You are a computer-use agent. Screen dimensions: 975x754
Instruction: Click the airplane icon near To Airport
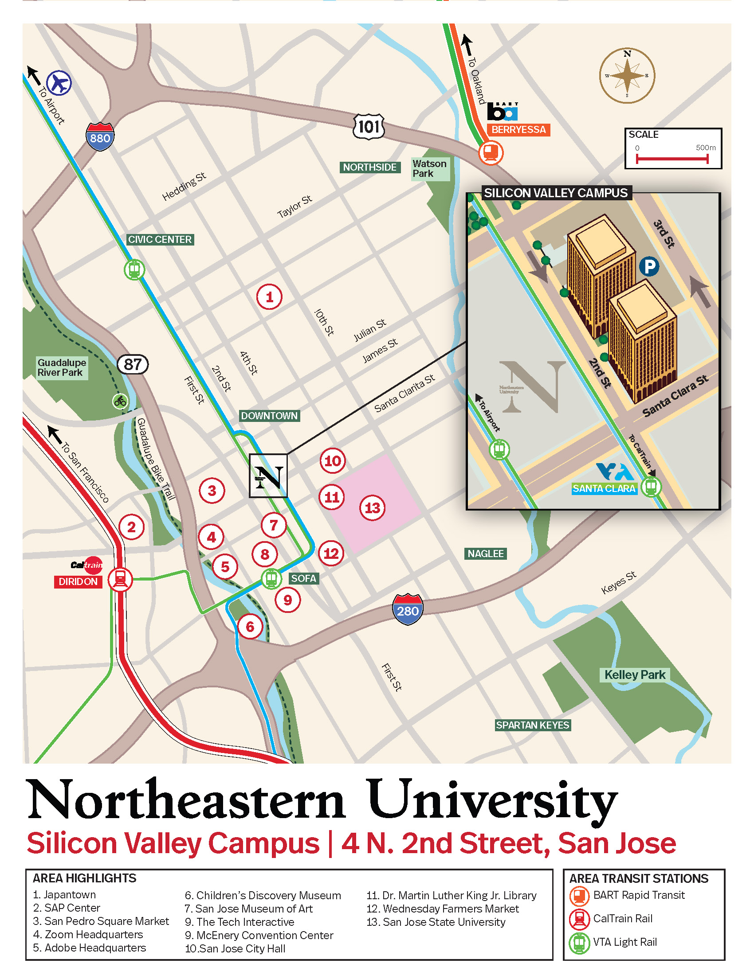pyautogui.click(x=59, y=82)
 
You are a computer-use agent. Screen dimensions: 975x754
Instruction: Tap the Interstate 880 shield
pyautogui.click(x=100, y=136)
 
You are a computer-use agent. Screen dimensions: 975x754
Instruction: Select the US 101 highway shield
pyautogui.click(x=369, y=127)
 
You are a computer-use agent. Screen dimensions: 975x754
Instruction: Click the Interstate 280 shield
pyautogui.click(x=407, y=609)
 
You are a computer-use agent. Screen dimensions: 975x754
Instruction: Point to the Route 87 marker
pyautogui.click(x=133, y=364)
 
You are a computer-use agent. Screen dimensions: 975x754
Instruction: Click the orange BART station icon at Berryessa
pyautogui.click(x=491, y=153)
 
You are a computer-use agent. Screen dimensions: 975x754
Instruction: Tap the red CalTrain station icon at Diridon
pyautogui.click(x=121, y=580)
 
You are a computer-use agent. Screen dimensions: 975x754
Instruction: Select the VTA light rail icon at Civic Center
pyautogui.click(x=134, y=269)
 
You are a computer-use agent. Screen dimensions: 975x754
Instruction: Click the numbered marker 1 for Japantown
pyautogui.click(x=269, y=297)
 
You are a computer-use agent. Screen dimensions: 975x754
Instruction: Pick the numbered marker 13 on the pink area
pyautogui.click(x=373, y=507)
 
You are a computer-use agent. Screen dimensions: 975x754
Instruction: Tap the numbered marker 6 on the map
pyautogui.click(x=250, y=627)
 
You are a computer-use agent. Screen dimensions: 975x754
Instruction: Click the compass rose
pyautogui.click(x=627, y=75)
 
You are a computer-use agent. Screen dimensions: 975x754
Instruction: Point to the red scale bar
pyautogui.click(x=672, y=159)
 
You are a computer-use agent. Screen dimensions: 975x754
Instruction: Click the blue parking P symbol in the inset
pyautogui.click(x=649, y=266)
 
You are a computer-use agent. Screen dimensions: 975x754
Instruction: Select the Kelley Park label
pyautogui.click(x=635, y=675)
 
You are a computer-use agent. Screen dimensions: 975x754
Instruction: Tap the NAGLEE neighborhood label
pyautogui.click(x=486, y=554)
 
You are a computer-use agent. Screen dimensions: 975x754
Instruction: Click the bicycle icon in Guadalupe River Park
pyautogui.click(x=120, y=401)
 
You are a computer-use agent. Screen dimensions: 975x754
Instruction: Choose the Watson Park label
pyautogui.click(x=429, y=169)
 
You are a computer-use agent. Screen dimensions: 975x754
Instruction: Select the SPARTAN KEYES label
pyautogui.click(x=532, y=725)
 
